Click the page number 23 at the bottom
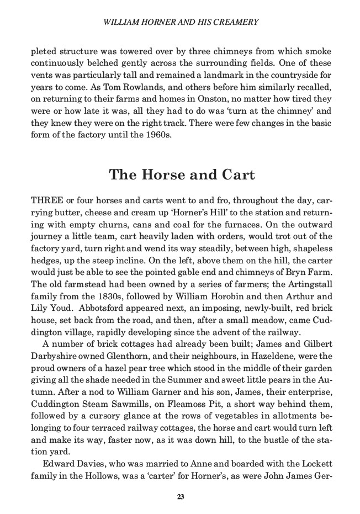pyautogui.click(x=181, y=497)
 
